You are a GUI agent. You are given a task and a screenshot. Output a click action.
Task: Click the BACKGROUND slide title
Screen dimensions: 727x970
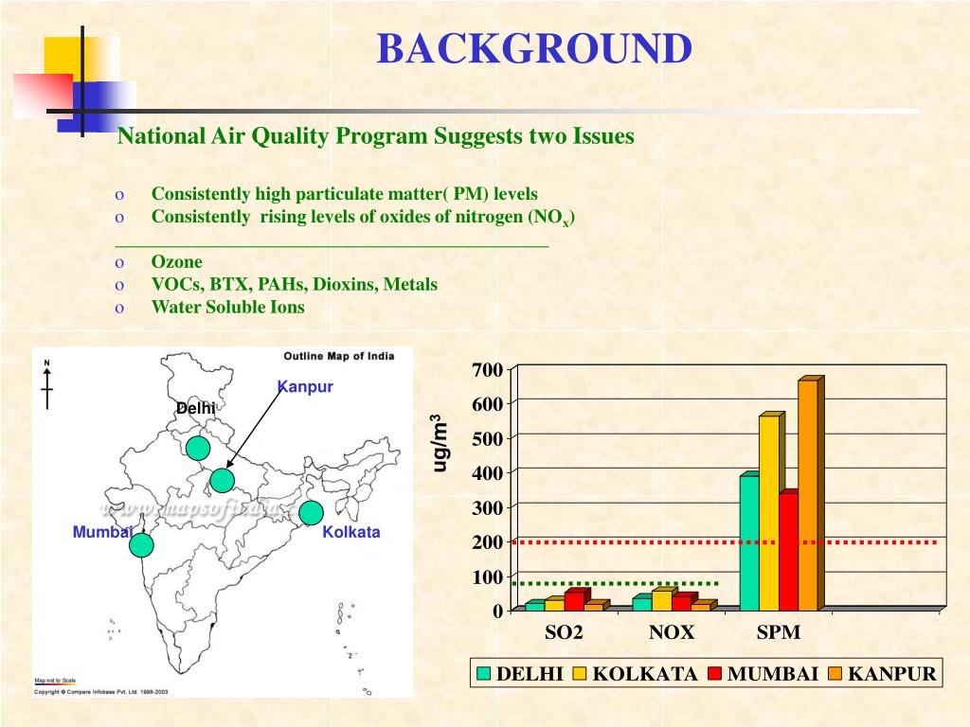point(534,49)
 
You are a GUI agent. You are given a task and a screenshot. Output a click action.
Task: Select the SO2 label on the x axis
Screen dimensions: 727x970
point(564,632)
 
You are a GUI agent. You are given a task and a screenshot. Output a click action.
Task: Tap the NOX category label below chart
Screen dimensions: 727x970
point(672,632)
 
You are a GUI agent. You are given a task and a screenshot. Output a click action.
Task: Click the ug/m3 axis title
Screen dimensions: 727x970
point(440,442)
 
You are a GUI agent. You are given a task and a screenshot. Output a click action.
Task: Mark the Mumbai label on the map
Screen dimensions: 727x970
point(101,532)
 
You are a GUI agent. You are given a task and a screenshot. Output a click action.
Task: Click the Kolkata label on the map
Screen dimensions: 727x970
point(350,532)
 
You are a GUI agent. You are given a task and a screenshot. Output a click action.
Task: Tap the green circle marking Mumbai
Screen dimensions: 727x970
point(141,545)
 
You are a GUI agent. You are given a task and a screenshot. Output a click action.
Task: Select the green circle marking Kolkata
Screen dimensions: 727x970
point(311,513)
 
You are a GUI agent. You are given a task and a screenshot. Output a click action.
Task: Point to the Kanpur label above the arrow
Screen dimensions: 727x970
point(305,387)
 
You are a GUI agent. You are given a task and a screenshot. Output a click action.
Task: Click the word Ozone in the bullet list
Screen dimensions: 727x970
point(176,262)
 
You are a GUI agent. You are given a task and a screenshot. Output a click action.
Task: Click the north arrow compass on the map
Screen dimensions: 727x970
point(47,385)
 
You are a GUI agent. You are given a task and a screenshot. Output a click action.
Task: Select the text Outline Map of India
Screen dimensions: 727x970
point(338,356)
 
